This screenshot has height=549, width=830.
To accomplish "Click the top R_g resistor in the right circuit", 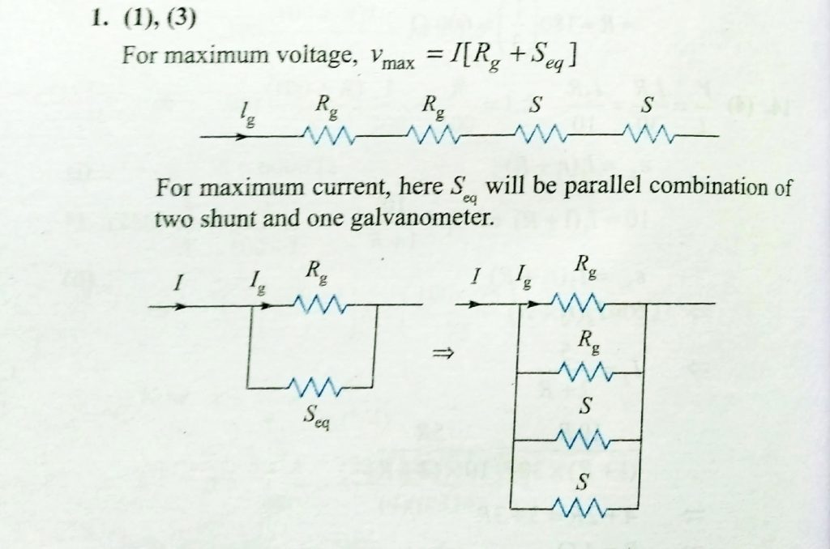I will tap(577, 304).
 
